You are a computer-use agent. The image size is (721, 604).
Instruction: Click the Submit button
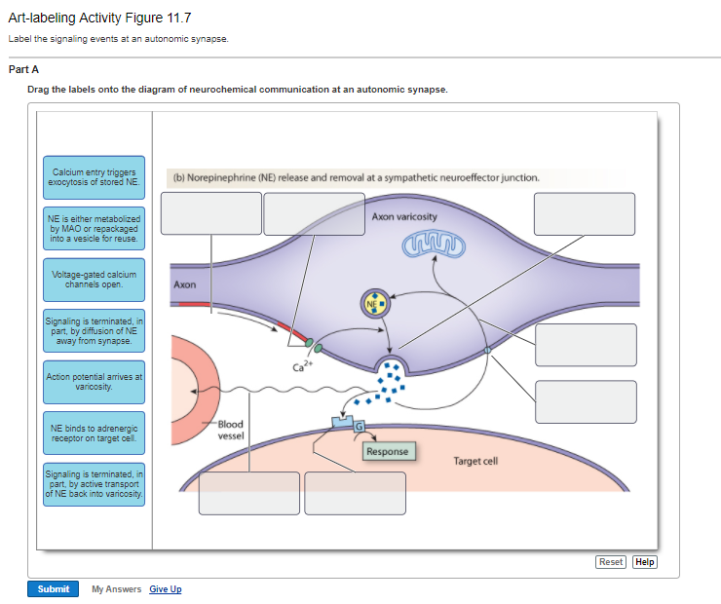click(53, 588)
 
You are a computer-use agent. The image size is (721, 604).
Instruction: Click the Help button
click(645, 562)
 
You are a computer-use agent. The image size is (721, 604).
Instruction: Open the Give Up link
click(166, 589)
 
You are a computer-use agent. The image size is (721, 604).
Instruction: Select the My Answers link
click(116, 589)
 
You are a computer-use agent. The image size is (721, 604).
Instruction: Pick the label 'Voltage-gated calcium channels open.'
click(94, 280)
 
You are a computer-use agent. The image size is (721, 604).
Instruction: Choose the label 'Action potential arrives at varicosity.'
click(94, 381)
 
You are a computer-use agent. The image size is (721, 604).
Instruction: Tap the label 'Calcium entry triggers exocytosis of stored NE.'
click(94, 177)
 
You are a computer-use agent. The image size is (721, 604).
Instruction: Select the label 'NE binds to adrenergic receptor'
click(94, 432)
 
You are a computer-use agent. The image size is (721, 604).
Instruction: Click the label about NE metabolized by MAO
click(94, 228)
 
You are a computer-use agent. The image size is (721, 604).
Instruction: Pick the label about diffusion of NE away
click(94, 330)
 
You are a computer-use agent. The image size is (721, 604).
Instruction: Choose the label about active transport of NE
click(94, 483)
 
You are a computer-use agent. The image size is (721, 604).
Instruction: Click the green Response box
click(388, 452)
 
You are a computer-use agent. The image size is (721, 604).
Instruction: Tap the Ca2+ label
click(302, 366)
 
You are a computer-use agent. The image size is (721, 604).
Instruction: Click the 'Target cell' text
click(475, 461)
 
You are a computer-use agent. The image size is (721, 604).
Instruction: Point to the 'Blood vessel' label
click(230, 430)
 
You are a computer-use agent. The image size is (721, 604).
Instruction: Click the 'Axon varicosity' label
click(404, 215)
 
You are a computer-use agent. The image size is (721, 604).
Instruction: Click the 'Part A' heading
click(23, 69)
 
